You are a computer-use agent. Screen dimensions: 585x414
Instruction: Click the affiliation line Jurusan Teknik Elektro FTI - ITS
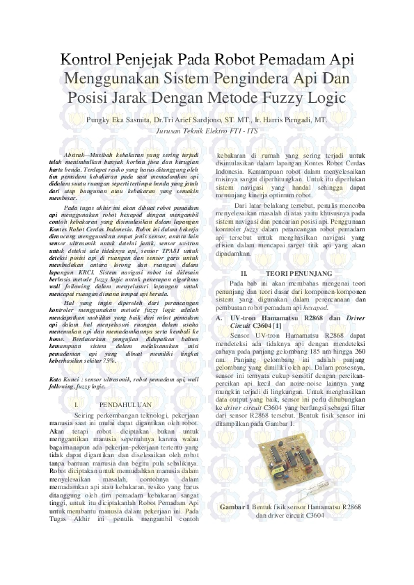click(207, 130)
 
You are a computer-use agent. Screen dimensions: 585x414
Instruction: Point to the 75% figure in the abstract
click(109, 359)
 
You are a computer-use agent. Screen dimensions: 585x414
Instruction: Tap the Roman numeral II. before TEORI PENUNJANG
click(244, 274)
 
